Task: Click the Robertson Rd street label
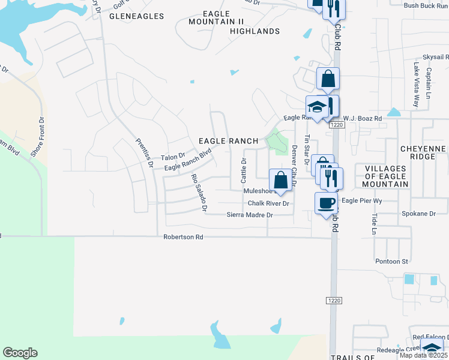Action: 183,237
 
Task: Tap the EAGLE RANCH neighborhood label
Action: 229,141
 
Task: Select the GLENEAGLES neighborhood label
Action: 136,16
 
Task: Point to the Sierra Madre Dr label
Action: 250,215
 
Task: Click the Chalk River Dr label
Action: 268,203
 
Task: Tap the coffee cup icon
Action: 326,203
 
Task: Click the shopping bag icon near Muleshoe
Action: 280,179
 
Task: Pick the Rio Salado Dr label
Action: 199,193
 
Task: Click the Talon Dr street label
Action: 173,157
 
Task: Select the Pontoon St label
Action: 391,262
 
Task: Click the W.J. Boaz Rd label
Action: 363,119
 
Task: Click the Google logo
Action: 20,353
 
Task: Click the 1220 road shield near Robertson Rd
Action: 335,300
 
